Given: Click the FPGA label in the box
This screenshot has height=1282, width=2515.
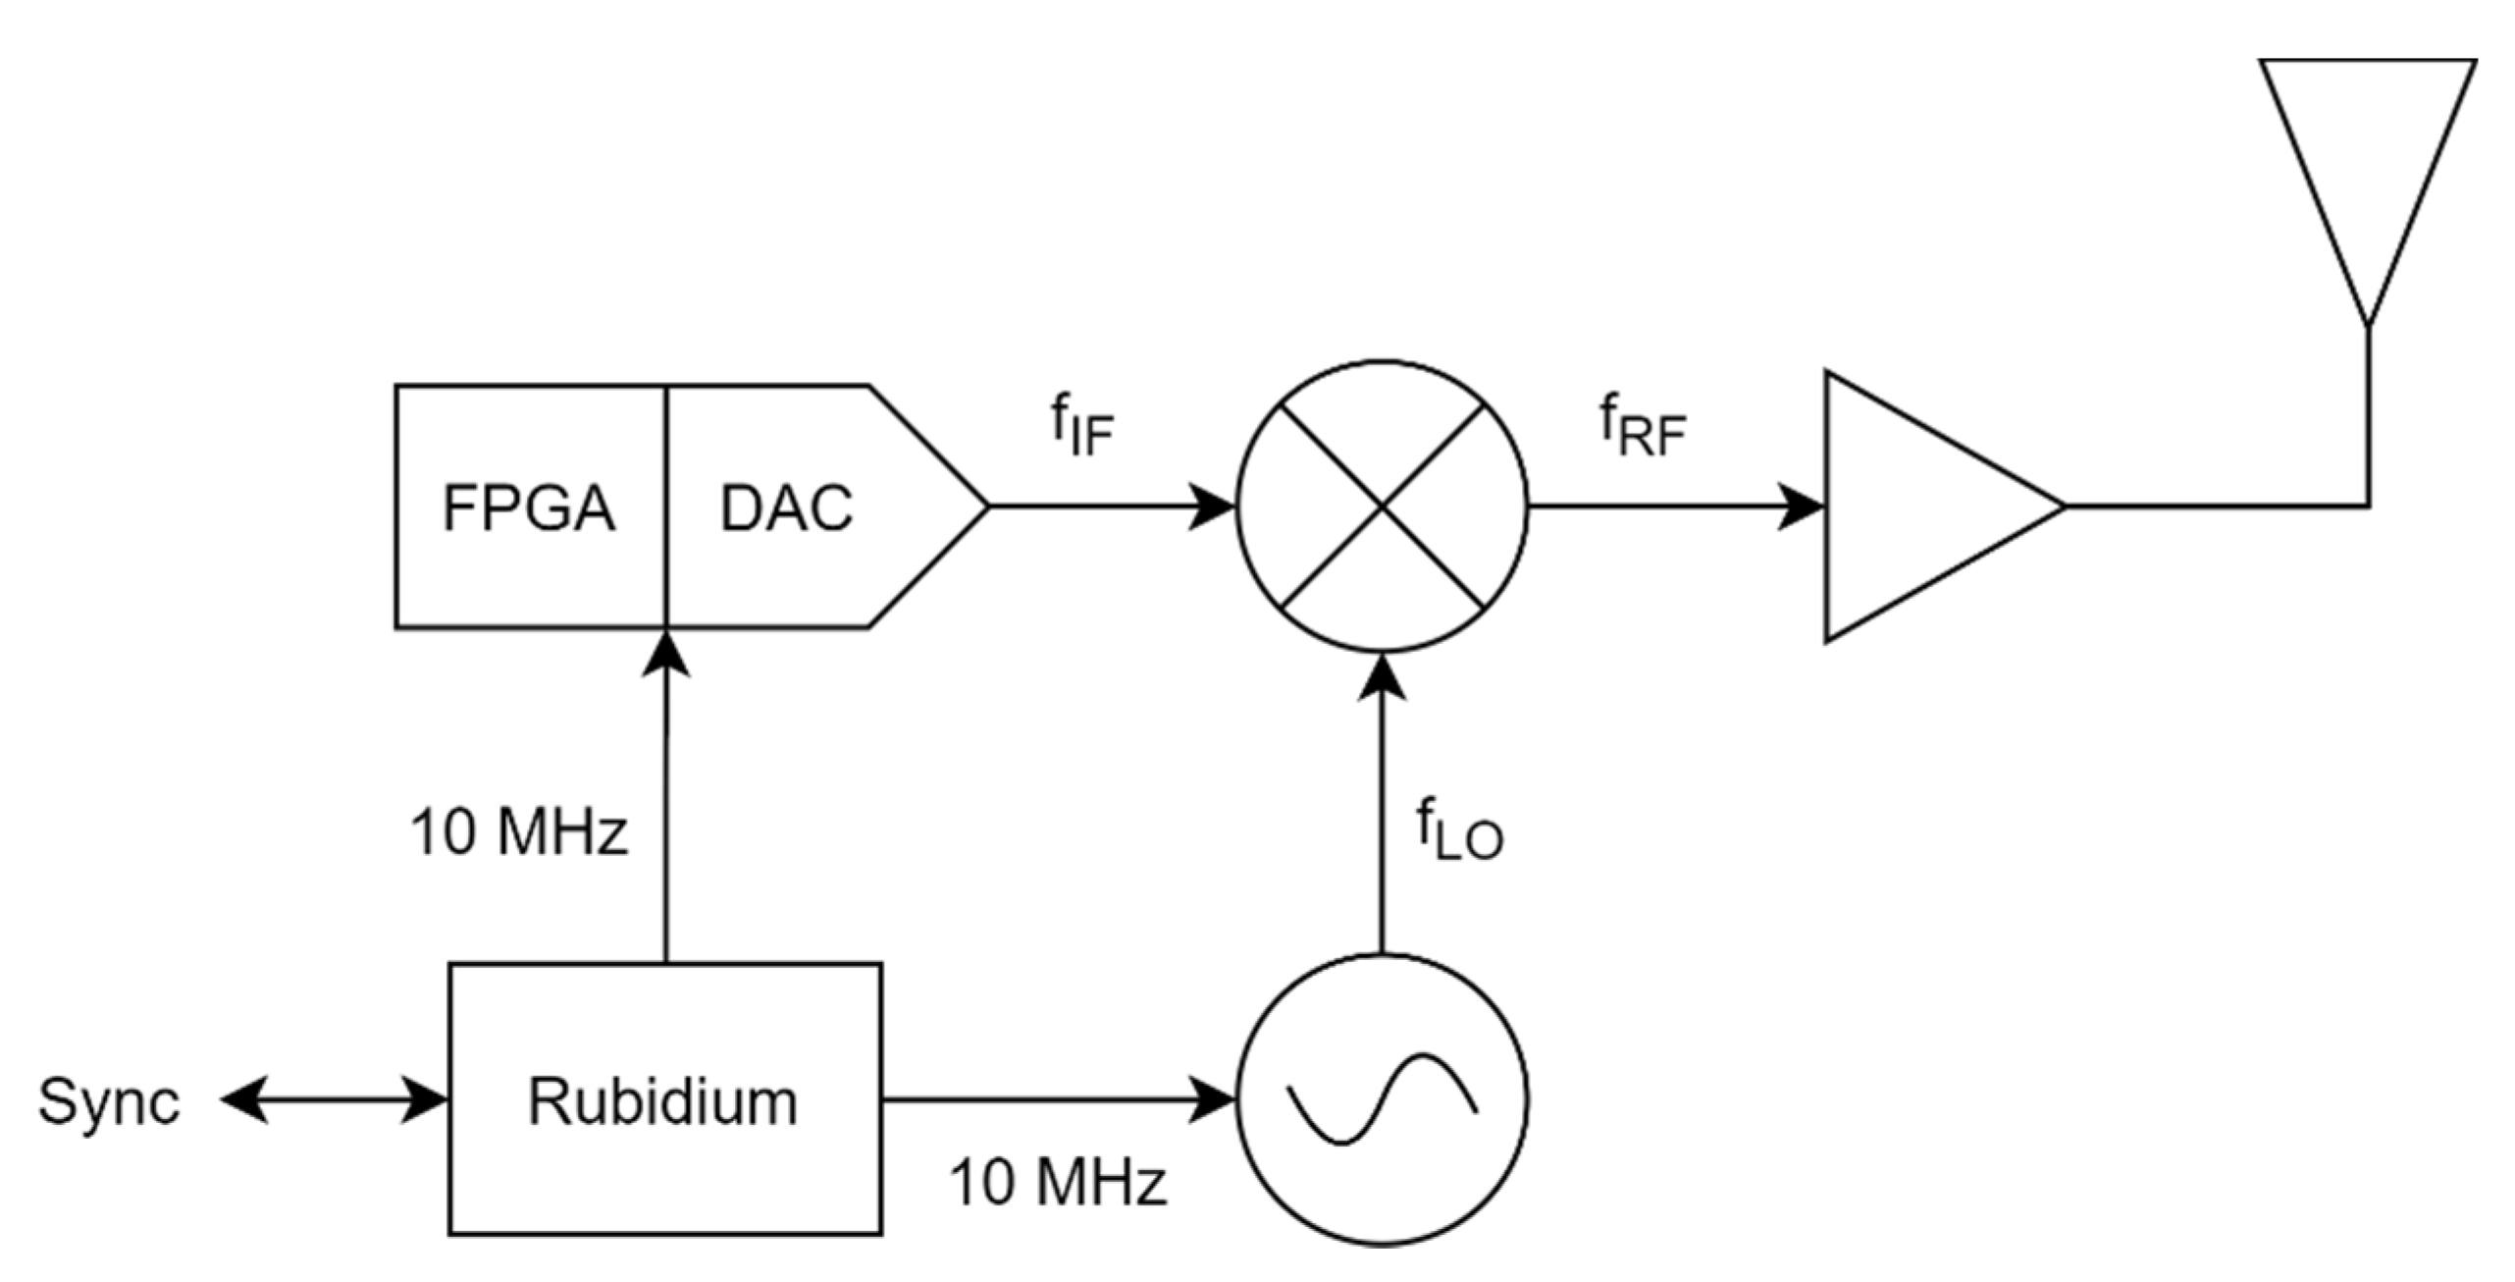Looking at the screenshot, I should click(528, 508).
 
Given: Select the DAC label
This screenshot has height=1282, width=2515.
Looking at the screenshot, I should click(786, 508).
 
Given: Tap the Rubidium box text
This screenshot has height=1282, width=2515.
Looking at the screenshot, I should click(663, 1101).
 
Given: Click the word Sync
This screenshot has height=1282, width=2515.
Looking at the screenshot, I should click(108, 1101).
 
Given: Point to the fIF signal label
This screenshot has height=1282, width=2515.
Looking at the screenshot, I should click(1082, 428).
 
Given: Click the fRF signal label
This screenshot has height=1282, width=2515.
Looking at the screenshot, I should click(1642, 428).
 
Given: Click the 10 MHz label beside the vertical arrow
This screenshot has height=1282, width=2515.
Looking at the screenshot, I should click(518, 832).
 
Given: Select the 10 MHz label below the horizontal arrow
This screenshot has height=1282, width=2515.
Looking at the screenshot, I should click(1057, 1181).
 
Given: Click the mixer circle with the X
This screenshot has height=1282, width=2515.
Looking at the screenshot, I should click(1382, 507).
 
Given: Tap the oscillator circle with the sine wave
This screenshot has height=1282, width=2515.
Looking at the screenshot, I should click(1382, 1100).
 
